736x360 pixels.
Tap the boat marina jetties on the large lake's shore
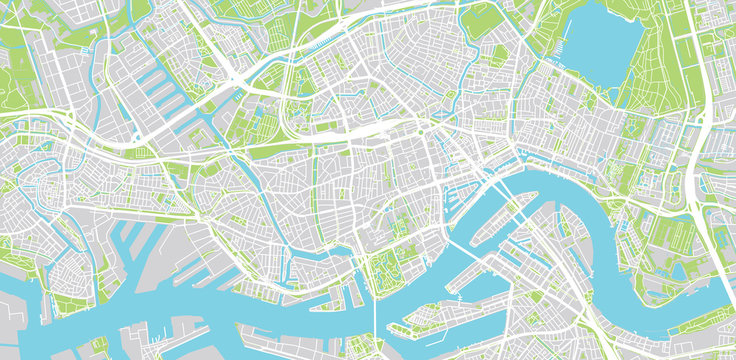[570, 50]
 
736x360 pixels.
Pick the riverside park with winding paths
[386, 270]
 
